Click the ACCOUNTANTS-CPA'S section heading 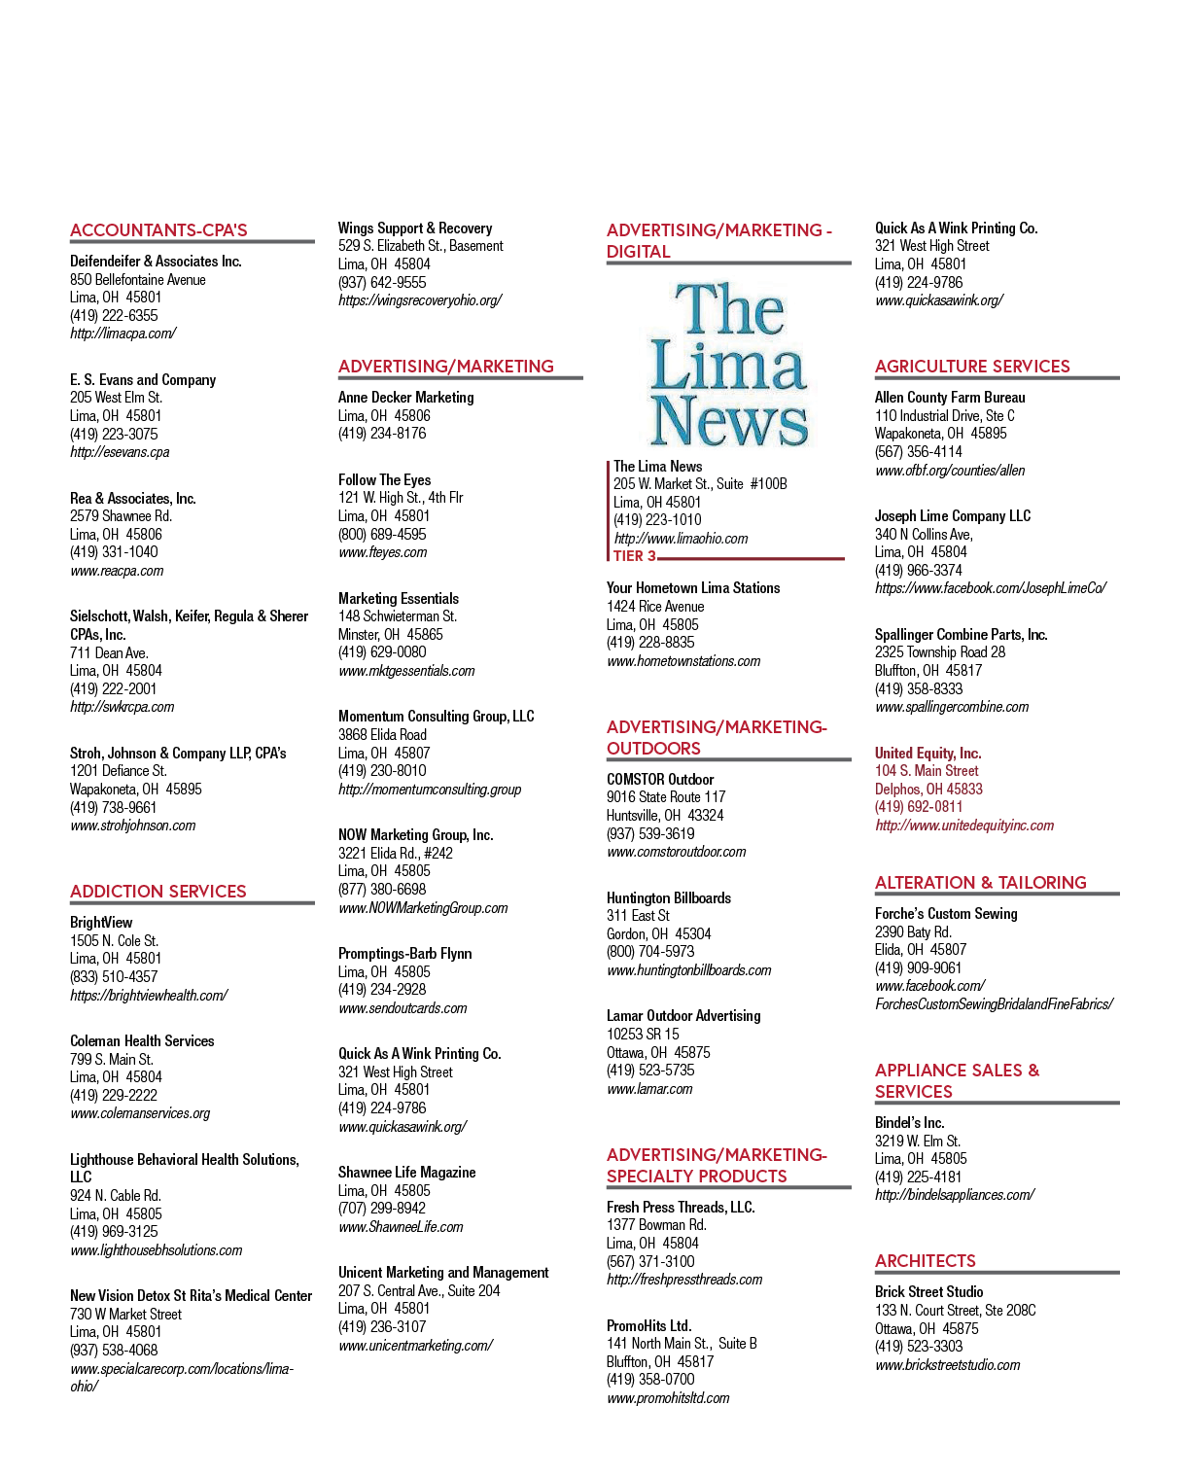(x=158, y=230)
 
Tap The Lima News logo (x=729, y=365)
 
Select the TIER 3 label (x=635, y=555)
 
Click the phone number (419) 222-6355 (x=114, y=315)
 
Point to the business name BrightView (x=101, y=923)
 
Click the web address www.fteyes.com (x=382, y=552)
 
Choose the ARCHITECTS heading (x=925, y=1261)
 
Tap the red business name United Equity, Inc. (x=928, y=754)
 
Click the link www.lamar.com (x=649, y=1088)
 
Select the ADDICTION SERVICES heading (x=157, y=892)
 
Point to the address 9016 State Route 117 (x=666, y=797)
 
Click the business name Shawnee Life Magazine (x=406, y=1173)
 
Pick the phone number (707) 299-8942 (x=382, y=1208)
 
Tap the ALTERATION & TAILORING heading (x=981, y=883)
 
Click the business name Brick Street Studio (x=928, y=1291)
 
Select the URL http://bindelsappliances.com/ (x=955, y=1195)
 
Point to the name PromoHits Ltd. (x=648, y=1326)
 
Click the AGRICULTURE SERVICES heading (x=972, y=367)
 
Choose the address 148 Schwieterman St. (x=398, y=616)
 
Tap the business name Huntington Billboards (x=669, y=897)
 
